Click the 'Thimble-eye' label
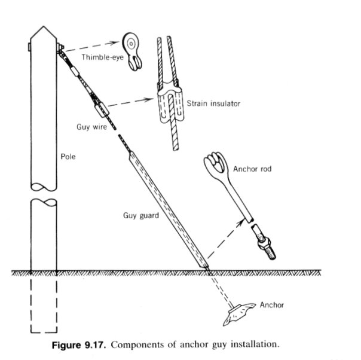click(x=102, y=57)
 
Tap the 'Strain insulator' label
click(x=213, y=103)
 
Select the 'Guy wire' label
click(x=91, y=127)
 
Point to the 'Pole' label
click(x=68, y=157)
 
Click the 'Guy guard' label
click(x=141, y=216)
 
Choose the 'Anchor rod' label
click(x=252, y=169)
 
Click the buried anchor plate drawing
click(x=240, y=314)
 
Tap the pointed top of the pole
click(x=44, y=27)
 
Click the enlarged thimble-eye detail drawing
click(x=131, y=51)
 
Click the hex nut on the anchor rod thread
click(x=264, y=243)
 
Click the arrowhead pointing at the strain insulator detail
click(x=149, y=99)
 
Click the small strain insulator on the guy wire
click(x=102, y=109)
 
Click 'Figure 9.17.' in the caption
click(x=79, y=345)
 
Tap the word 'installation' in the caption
click(x=255, y=344)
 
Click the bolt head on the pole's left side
click(x=29, y=47)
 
